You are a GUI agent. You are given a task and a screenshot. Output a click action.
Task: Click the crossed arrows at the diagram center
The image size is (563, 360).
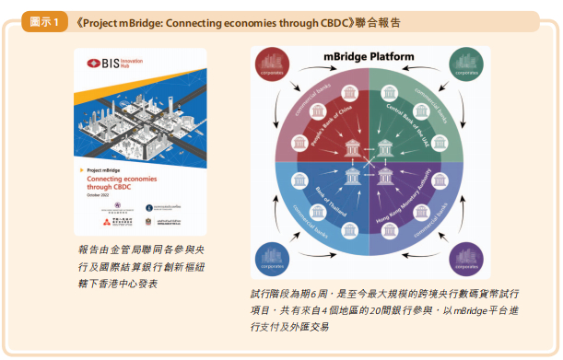click(x=369, y=162)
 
